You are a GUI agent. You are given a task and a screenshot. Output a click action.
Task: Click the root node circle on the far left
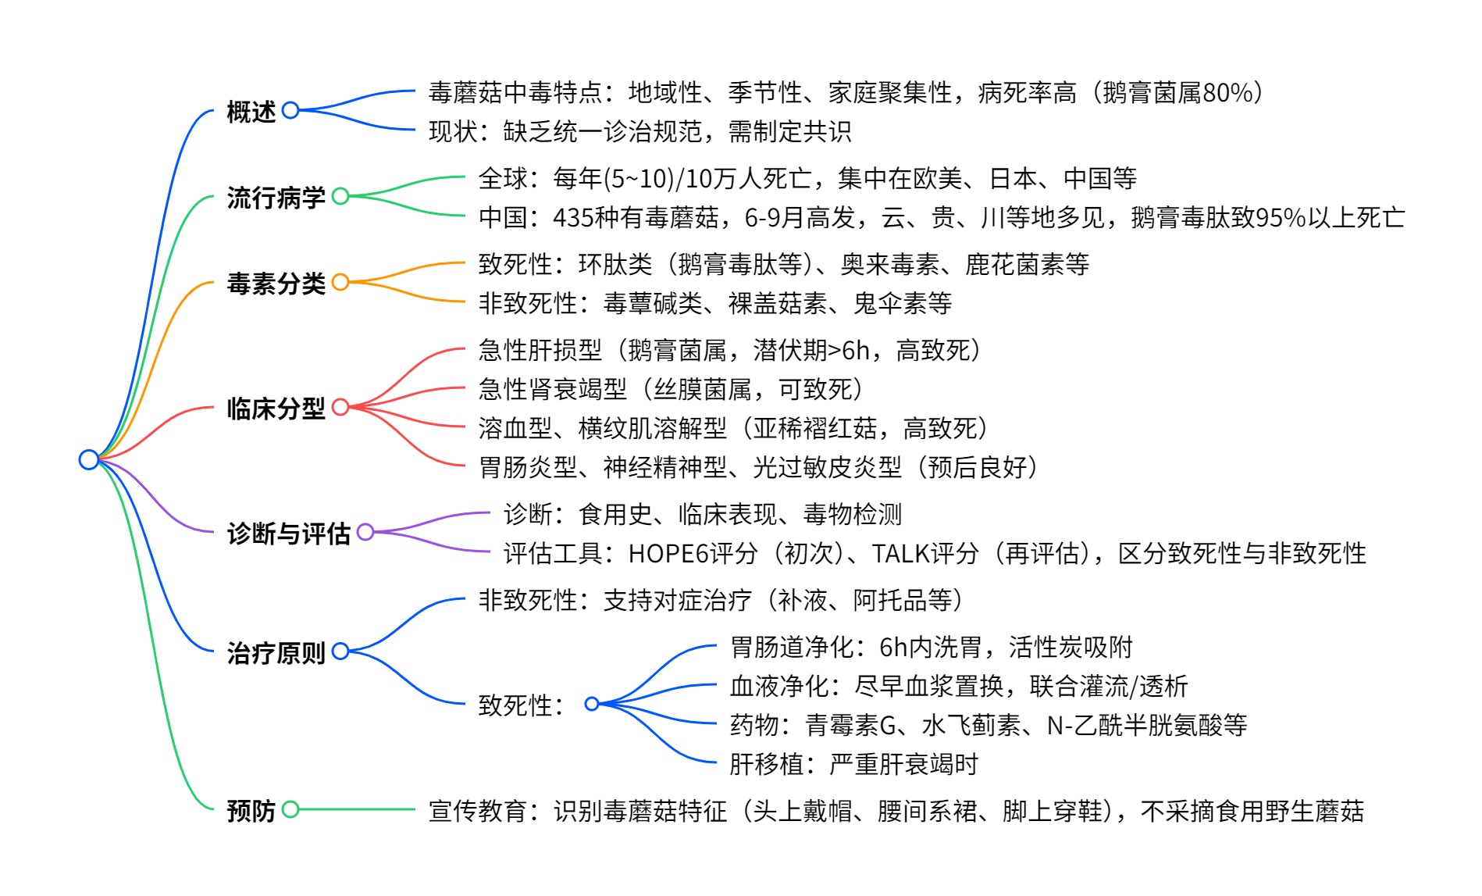(89, 459)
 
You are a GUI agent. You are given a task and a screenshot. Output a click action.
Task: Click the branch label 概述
(251, 112)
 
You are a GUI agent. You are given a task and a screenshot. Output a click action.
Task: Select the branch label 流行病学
(276, 198)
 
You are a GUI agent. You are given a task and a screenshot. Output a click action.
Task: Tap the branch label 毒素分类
(276, 284)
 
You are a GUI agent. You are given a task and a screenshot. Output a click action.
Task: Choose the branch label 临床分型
(276, 409)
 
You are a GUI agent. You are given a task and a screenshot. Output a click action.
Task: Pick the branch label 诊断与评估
(289, 534)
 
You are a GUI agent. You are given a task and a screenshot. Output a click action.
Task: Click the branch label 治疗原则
(276, 652)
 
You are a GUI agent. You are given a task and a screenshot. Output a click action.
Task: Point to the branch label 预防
(251, 811)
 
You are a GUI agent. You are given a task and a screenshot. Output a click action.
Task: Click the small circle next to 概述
(290, 110)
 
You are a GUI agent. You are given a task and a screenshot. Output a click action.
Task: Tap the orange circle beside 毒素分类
(340, 282)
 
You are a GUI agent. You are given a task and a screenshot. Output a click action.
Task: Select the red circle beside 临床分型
(340, 407)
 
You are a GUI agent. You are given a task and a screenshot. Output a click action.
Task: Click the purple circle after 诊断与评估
(365, 532)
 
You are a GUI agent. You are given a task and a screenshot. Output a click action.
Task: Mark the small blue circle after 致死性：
(592, 704)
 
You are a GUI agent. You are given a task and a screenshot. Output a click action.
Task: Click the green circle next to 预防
(290, 809)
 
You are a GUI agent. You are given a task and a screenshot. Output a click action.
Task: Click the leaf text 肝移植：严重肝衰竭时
(853, 764)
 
